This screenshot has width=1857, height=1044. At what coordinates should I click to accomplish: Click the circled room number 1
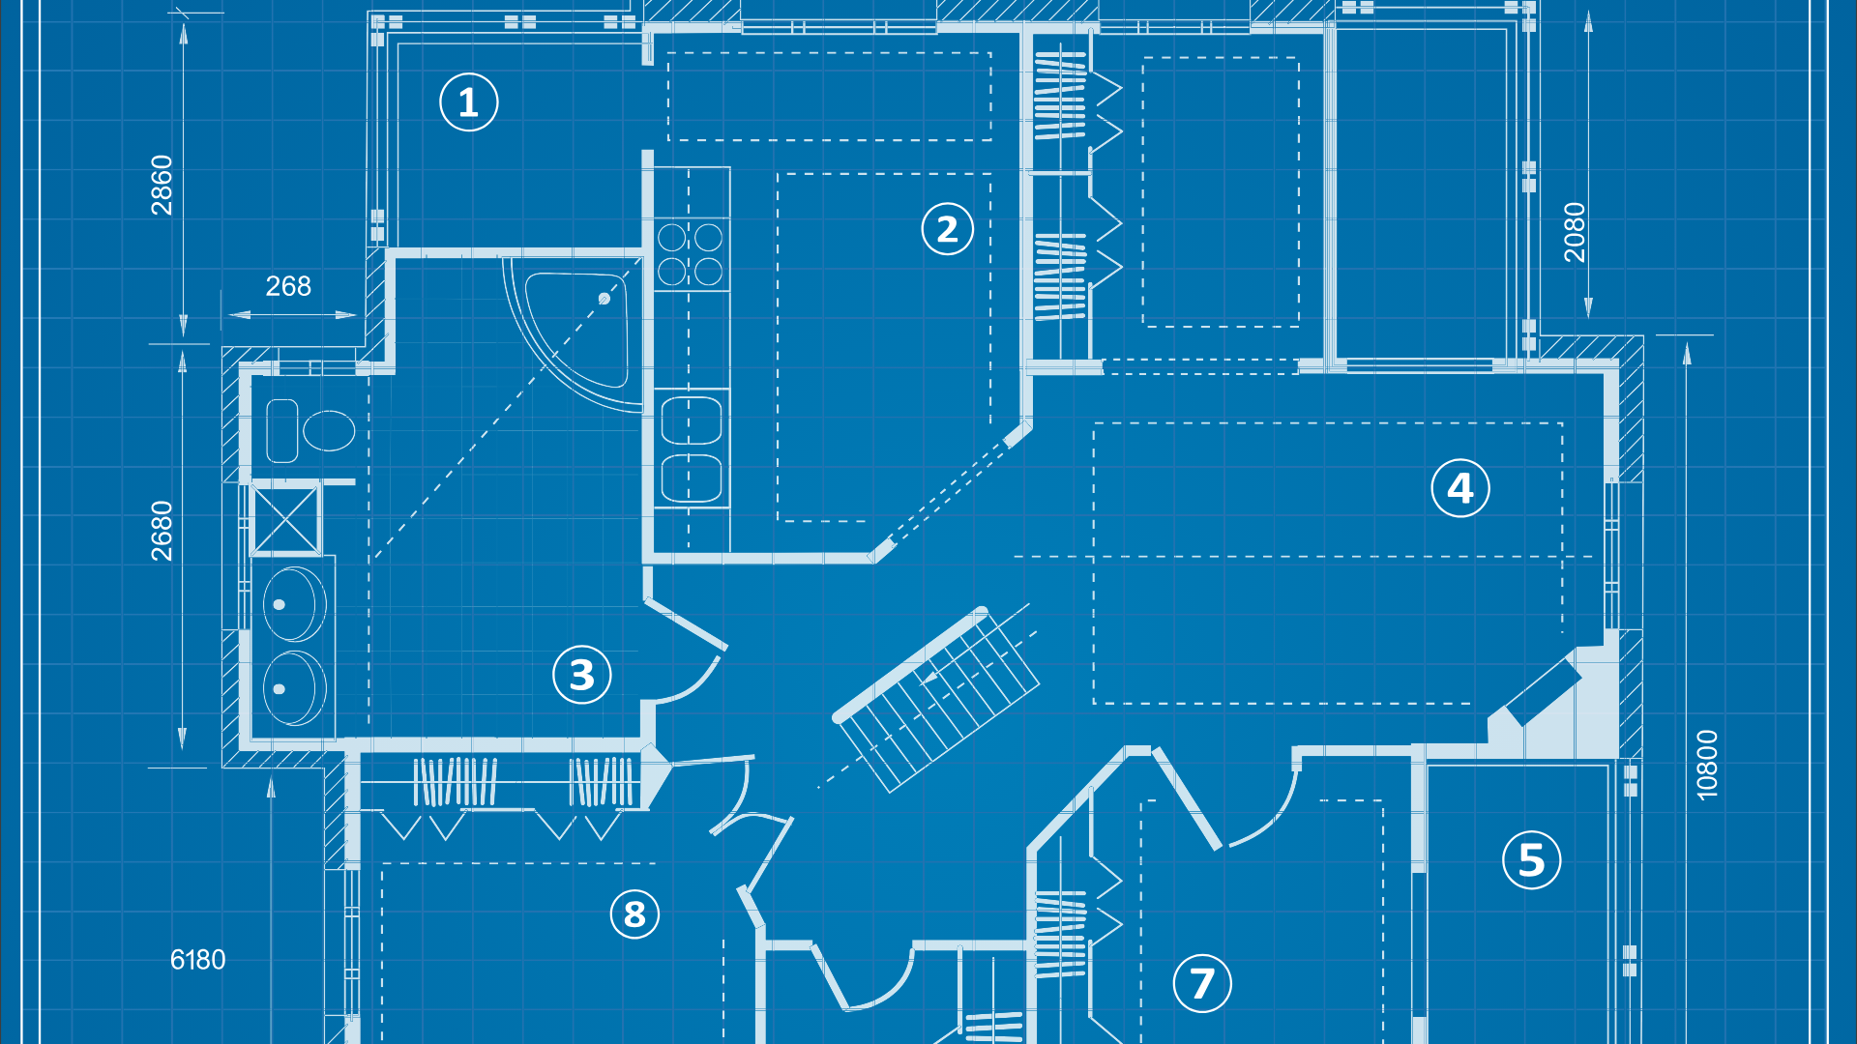(468, 102)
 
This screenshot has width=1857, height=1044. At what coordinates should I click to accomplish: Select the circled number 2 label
(947, 229)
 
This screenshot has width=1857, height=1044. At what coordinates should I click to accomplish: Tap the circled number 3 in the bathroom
(581, 675)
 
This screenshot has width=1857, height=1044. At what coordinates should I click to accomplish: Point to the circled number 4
(1459, 488)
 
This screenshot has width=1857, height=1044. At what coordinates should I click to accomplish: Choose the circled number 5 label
(1531, 860)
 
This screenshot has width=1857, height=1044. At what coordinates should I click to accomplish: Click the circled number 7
(1201, 984)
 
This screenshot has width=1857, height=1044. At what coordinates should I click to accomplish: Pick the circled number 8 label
(634, 913)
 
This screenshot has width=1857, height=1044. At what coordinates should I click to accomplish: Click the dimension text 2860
(162, 185)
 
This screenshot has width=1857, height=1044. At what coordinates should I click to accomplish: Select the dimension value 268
(288, 286)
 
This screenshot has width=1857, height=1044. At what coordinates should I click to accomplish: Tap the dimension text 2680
(162, 531)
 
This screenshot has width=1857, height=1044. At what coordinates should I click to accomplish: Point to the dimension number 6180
(197, 960)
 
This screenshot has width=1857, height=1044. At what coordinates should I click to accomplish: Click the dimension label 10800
(1707, 765)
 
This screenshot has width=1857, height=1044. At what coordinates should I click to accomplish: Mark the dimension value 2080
(1575, 232)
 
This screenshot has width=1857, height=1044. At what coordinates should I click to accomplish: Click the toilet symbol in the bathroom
(311, 430)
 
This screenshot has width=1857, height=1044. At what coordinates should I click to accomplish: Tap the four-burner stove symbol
(690, 255)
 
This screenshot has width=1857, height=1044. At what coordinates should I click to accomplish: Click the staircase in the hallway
(936, 698)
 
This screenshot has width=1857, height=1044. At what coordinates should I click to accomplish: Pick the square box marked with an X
(284, 520)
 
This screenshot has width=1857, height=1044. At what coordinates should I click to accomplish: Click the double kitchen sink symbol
(691, 450)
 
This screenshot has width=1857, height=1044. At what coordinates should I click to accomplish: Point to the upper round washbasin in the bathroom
(293, 604)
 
